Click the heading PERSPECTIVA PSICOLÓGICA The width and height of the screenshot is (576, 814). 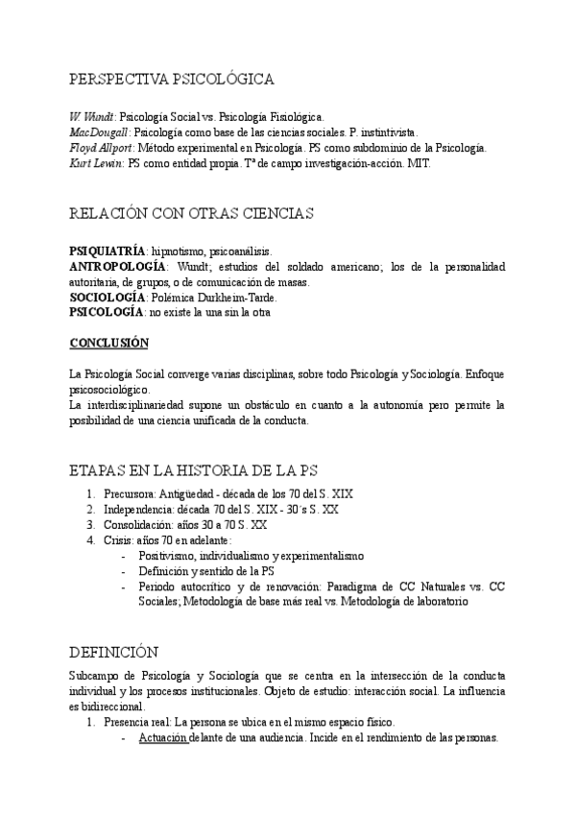[173, 79]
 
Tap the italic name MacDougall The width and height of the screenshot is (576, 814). [100, 132]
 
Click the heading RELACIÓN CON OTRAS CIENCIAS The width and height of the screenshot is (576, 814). [192, 212]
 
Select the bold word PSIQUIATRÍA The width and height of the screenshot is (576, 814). [107, 249]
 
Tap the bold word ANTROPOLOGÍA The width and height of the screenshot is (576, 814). [114, 265]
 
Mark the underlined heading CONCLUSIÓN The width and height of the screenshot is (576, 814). [109, 342]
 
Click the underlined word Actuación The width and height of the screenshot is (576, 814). [162, 737]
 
